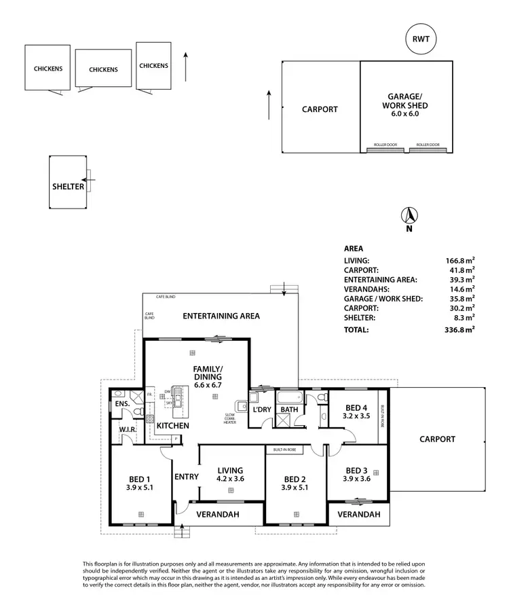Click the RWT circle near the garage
pyautogui.click(x=421, y=39)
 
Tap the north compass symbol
pyautogui.click(x=409, y=217)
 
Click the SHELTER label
pyautogui.click(x=69, y=187)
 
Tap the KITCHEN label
pyautogui.click(x=173, y=426)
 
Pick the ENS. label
pyautogui.click(x=121, y=405)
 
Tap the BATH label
pyautogui.click(x=289, y=409)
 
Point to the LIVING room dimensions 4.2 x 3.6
pyautogui.click(x=229, y=479)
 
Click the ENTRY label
pyautogui.click(x=186, y=477)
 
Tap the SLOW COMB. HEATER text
pyautogui.click(x=231, y=419)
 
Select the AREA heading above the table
pyautogui.click(x=354, y=249)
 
